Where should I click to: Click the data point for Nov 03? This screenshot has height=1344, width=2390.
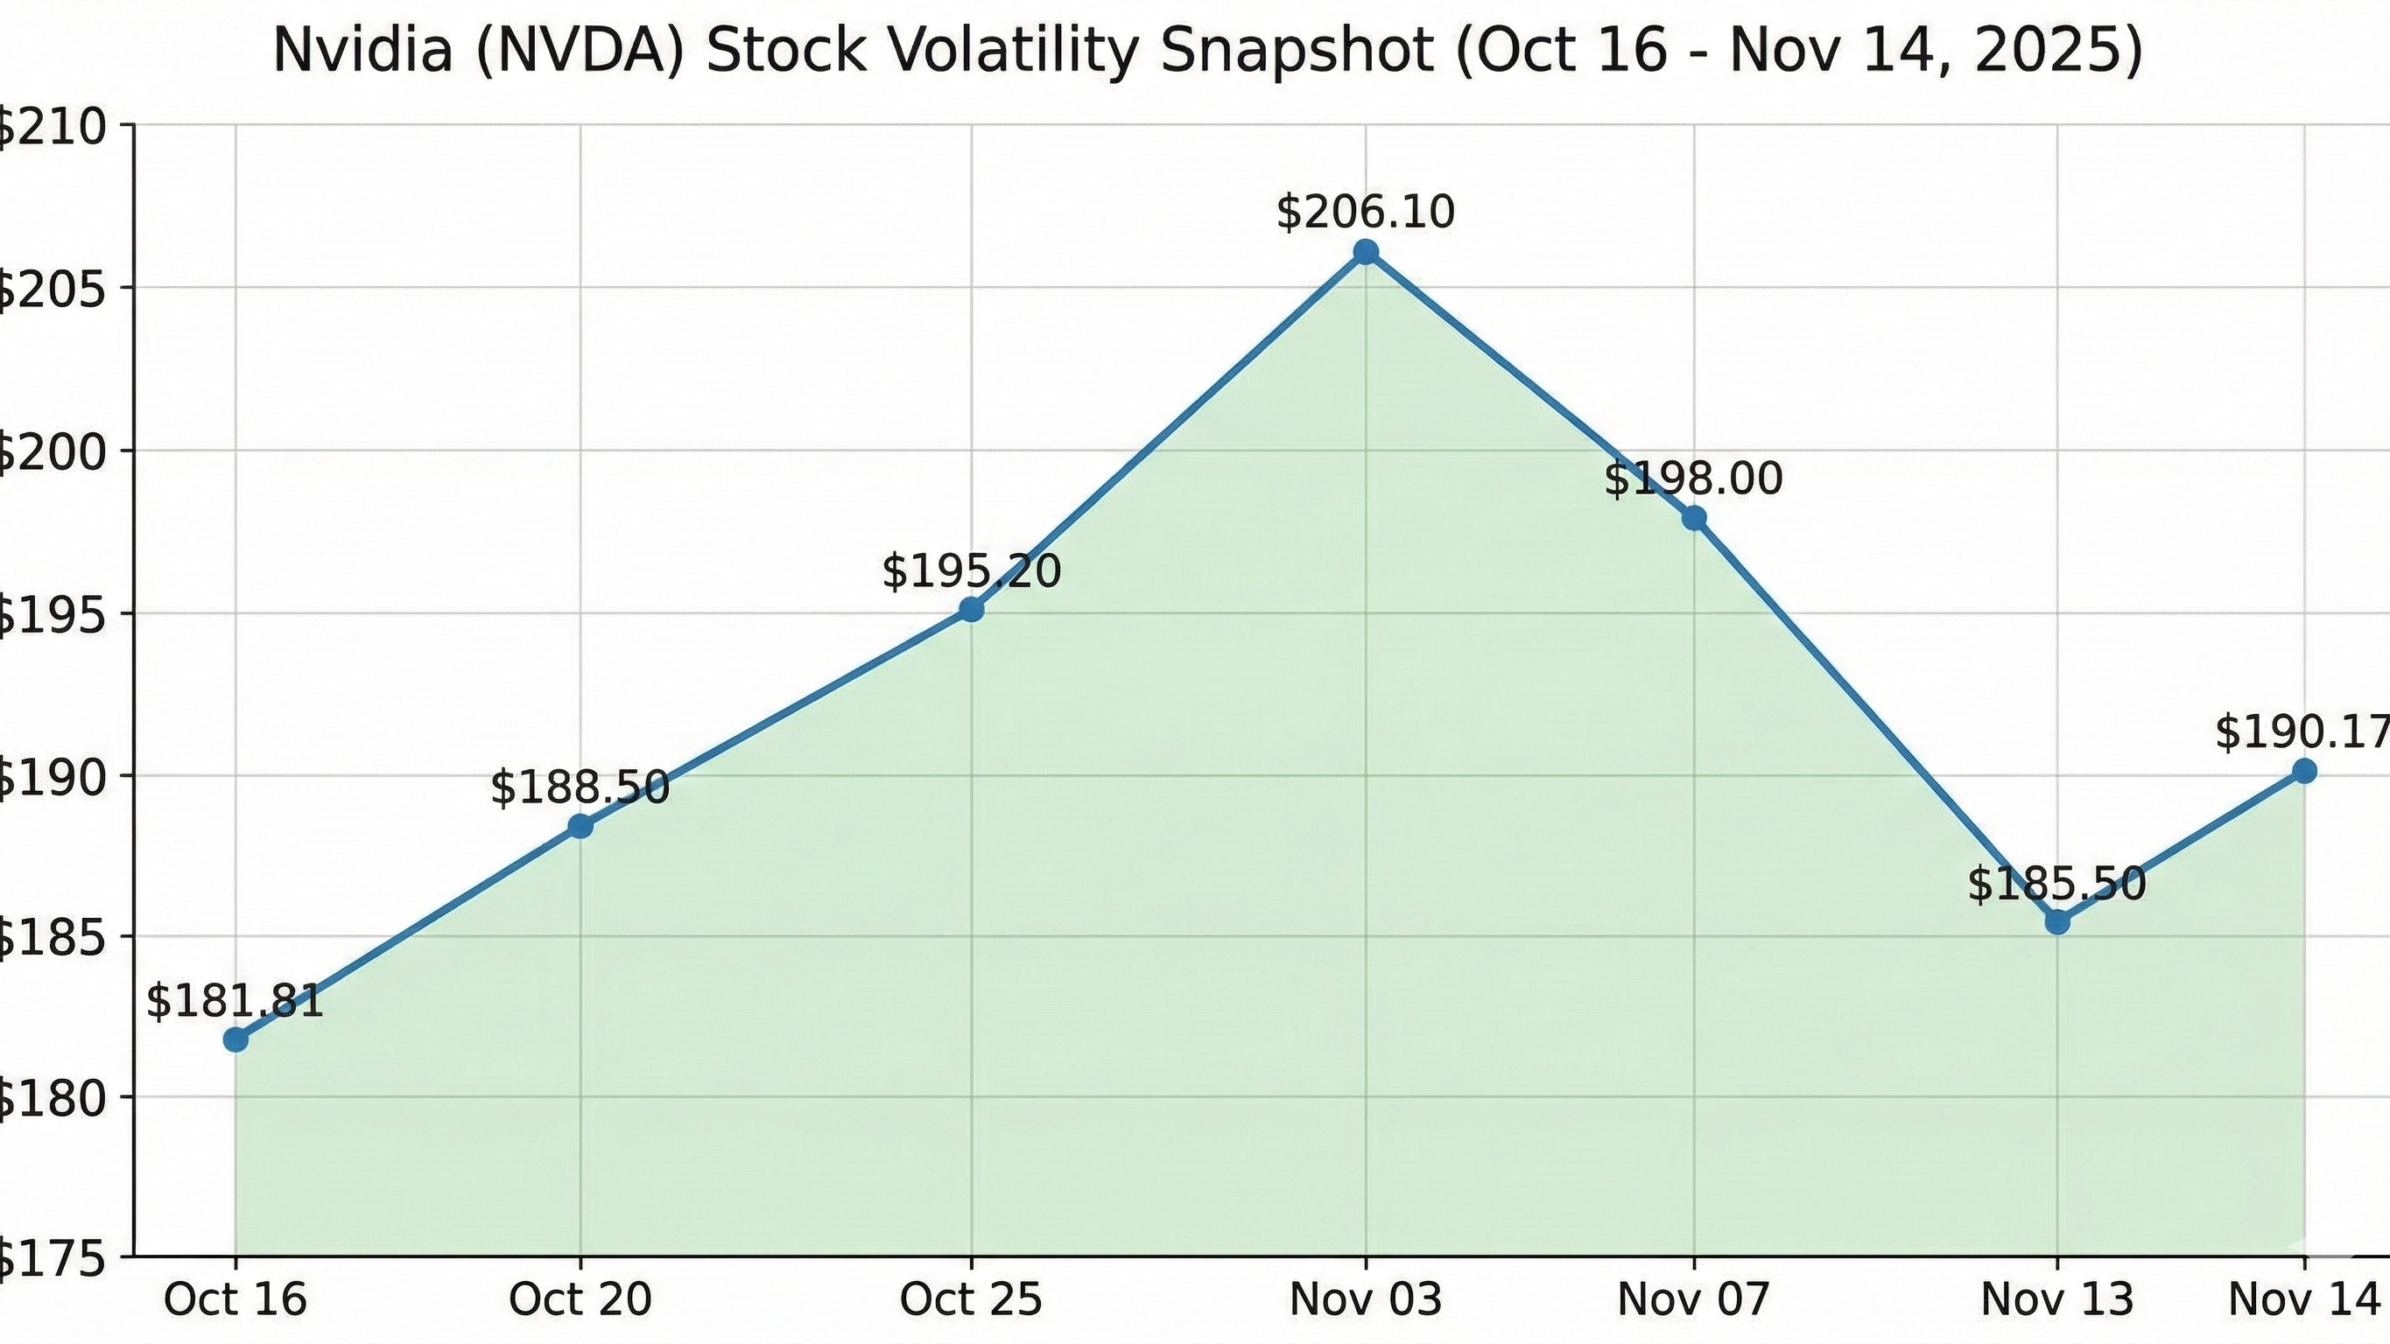pos(1366,252)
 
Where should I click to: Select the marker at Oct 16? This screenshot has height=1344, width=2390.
pos(235,1039)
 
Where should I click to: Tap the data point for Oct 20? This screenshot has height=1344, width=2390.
pos(580,825)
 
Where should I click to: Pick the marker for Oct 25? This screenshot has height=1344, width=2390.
pos(972,609)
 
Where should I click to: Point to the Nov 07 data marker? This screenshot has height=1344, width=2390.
pos(1694,518)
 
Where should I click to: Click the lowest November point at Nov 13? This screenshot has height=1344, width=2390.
pos(2058,922)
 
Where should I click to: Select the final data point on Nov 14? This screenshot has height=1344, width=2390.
pos(2303,771)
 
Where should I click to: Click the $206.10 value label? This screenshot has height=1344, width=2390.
pos(1366,213)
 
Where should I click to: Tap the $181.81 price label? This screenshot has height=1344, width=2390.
pos(235,1001)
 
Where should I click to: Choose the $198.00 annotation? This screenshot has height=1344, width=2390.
pos(1694,479)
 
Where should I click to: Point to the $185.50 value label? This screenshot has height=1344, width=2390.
pos(2058,883)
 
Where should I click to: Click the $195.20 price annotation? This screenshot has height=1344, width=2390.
pos(972,570)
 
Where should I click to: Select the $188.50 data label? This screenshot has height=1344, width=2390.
pos(580,787)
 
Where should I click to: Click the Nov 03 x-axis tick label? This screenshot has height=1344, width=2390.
pos(1366,1299)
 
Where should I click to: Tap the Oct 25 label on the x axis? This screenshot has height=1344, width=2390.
pos(972,1299)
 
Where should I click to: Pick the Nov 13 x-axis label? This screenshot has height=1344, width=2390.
pos(2058,1299)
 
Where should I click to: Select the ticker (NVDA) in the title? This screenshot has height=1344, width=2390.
pos(580,51)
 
